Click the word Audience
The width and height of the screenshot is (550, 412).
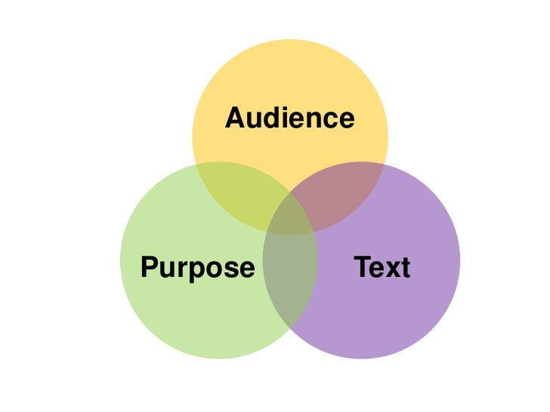[x=290, y=118]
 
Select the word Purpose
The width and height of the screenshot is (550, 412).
[x=198, y=268]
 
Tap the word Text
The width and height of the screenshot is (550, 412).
[x=382, y=268]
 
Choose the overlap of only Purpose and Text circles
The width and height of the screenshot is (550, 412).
[x=290, y=287]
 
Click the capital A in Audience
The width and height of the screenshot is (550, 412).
[x=236, y=118]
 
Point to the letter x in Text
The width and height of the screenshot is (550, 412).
[x=391, y=269]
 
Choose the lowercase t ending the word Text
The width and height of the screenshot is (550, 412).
[x=405, y=269]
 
